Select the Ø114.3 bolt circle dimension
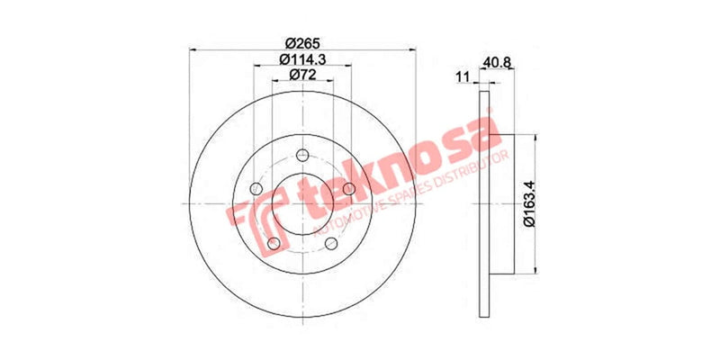pyautogui.click(x=303, y=59)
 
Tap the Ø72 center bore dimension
pyautogui.click(x=303, y=76)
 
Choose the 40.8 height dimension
pyautogui.click(x=498, y=62)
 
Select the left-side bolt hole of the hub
pyautogui.click(x=255, y=189)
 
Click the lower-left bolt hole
pyautogui.click(x=273, y=243)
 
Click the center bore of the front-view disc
pyautogui.click(x=301, y=205)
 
